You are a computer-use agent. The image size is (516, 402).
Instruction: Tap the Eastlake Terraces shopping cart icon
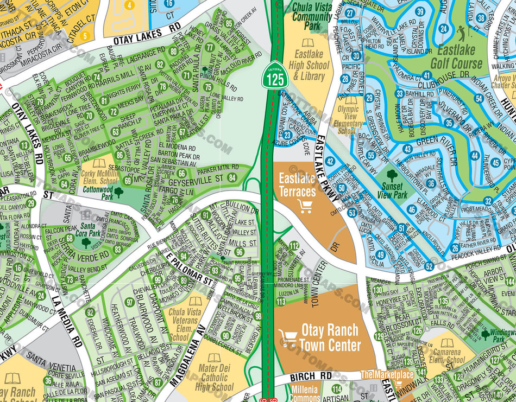[305, 205]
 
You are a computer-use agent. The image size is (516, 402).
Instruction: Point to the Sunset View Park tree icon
[392, 175]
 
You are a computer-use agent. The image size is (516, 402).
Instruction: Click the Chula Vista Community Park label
[312, 16]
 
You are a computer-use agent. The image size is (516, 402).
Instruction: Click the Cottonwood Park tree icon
[118, 192]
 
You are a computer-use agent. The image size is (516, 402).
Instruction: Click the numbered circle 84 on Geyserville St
[232, 177]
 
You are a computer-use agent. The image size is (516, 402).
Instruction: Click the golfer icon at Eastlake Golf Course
[462, 31]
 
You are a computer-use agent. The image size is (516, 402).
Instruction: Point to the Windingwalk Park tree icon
[485, 334]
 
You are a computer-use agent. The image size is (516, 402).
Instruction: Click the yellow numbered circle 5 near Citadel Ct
[84, 37]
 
